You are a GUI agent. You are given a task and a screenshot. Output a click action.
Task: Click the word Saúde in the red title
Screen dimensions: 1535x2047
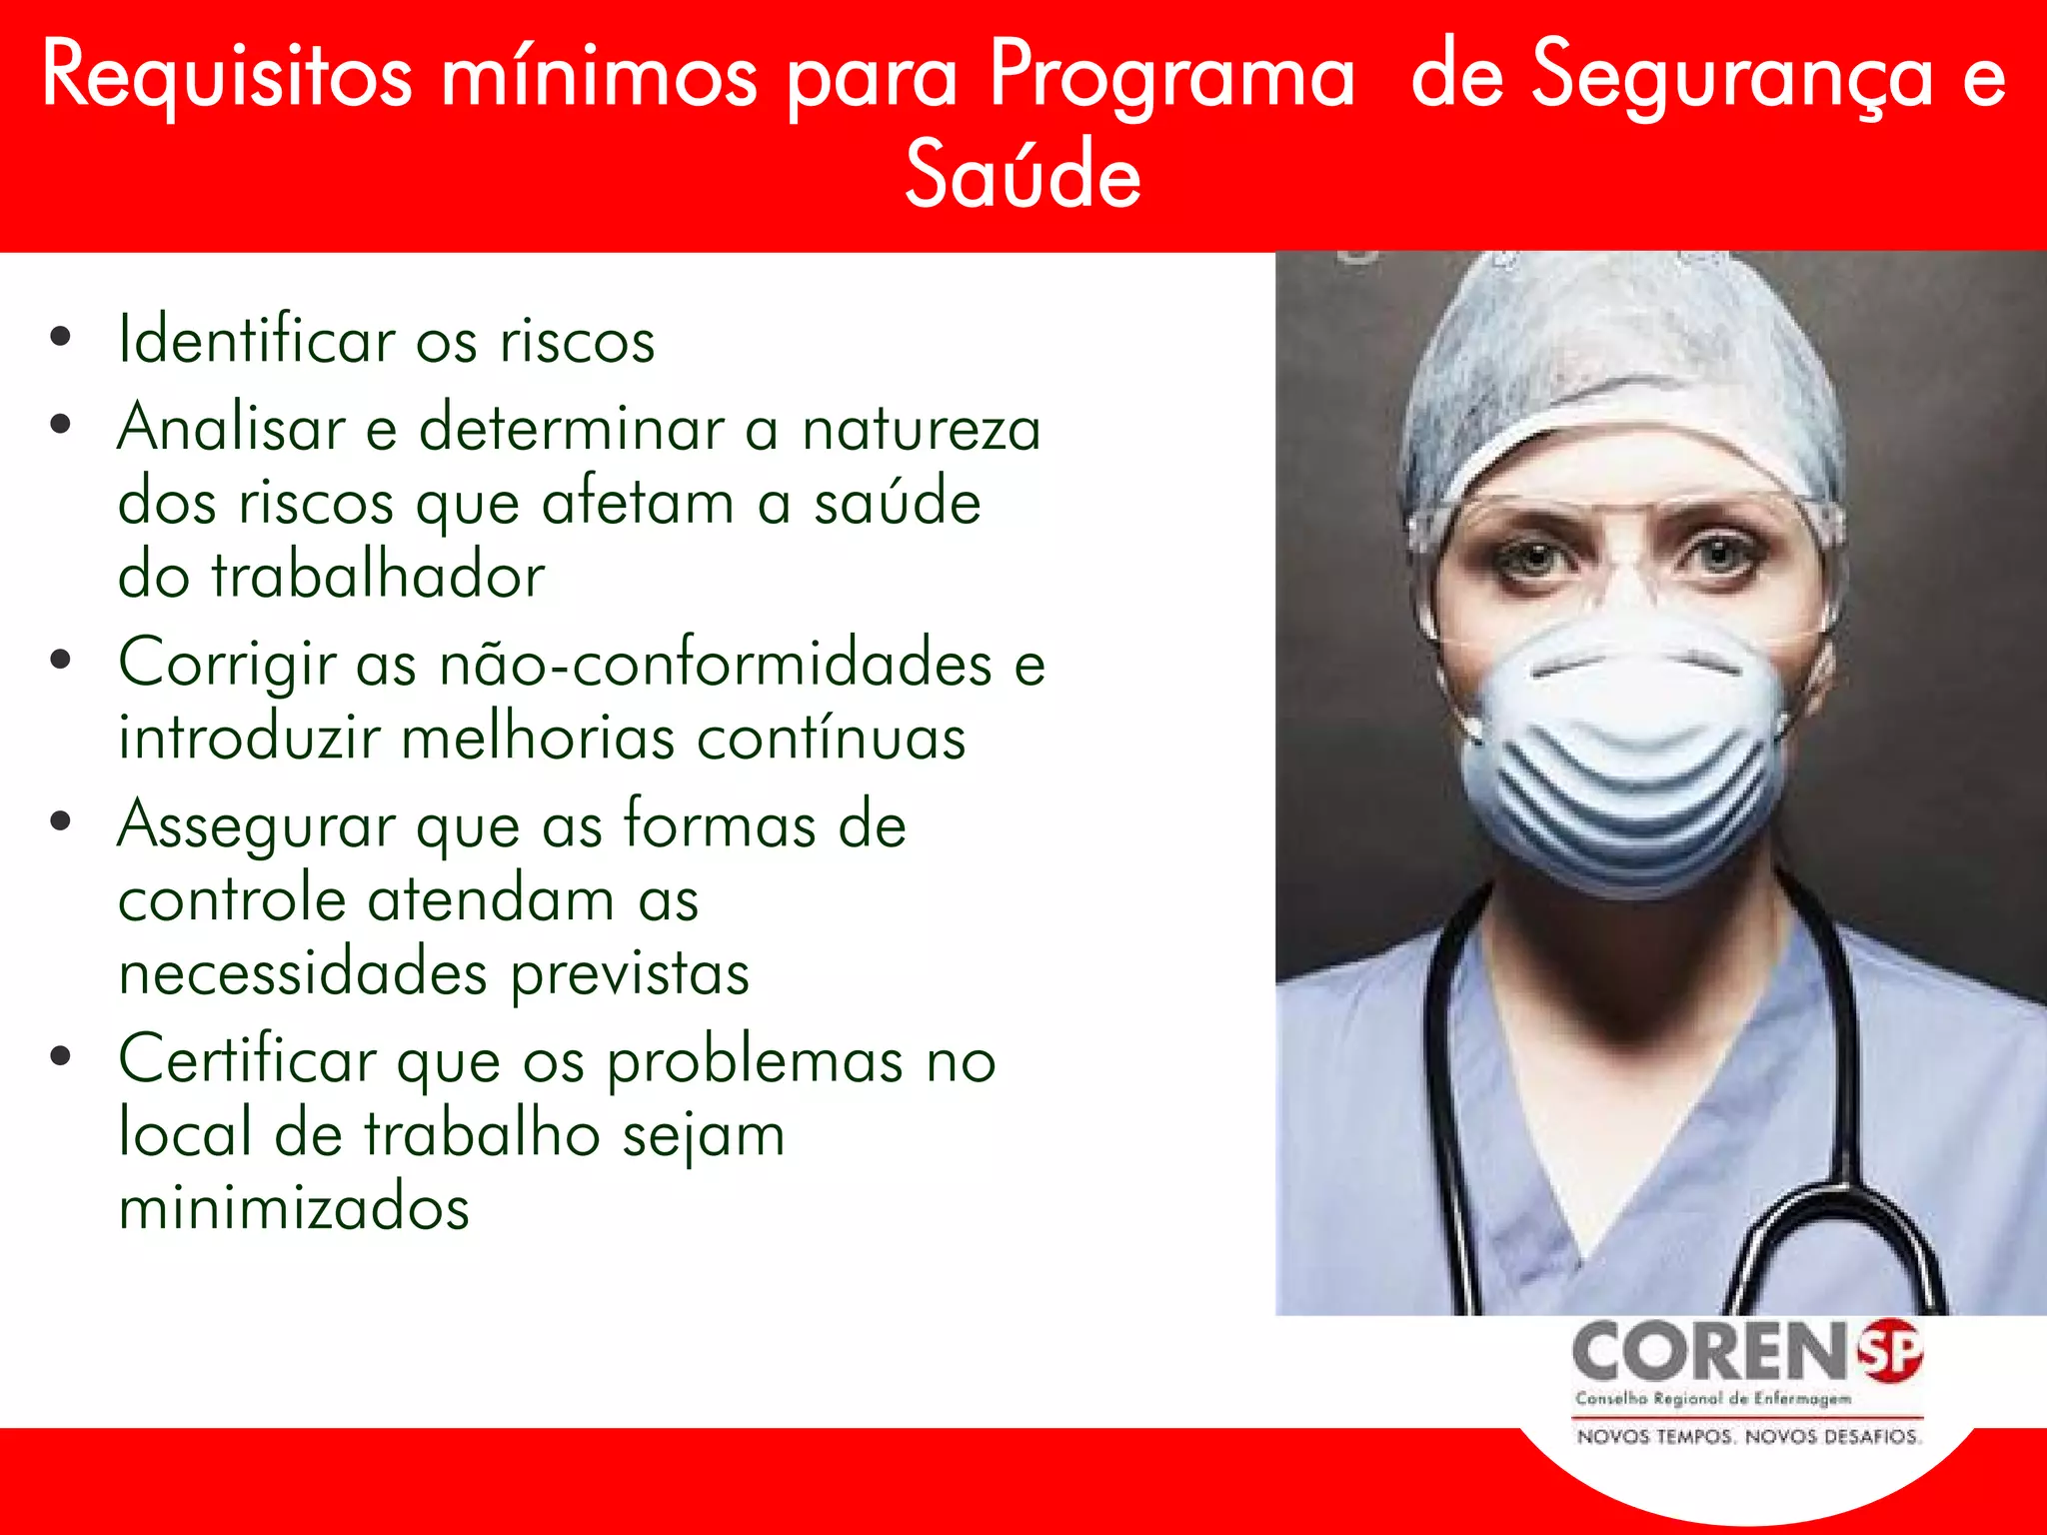[1023, 175]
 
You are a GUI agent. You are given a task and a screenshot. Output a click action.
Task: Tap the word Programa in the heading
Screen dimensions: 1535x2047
[1171, 76]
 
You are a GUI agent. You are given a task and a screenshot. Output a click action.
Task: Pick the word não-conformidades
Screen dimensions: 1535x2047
[716, 663]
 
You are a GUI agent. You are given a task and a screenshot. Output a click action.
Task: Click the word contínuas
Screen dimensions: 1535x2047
[831, 739]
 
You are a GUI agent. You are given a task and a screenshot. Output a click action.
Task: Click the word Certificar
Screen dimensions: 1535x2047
[247, 1060]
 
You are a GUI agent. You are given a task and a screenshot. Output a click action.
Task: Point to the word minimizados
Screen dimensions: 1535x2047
[294, 1207]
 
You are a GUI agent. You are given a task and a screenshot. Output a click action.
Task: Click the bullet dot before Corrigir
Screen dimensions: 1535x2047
[61, 660]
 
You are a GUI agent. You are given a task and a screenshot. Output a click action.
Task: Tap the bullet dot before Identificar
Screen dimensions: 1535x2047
[61, 338]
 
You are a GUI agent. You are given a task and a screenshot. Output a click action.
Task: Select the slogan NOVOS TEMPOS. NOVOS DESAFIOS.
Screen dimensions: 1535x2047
[1748, 1437]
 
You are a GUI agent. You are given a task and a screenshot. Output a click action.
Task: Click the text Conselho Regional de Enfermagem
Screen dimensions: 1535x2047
[1713, 1399]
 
